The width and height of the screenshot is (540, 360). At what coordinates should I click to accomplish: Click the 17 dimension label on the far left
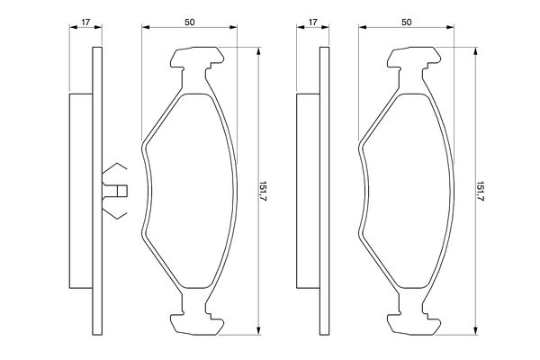click(x=85, y=22)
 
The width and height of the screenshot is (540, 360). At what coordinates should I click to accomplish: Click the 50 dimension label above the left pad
click(x=189, y=22)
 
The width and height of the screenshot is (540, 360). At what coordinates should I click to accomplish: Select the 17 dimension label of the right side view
click(x=312, y=22)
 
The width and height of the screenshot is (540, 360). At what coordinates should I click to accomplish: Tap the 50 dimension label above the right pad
click(x=407, y=22)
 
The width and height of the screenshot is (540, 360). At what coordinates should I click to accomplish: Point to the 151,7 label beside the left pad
click(x=264, y=191)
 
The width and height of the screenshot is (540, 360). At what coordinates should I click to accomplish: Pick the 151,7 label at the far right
click(x=481, y=191)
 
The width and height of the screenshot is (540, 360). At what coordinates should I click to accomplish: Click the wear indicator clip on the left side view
click(x=114, y=191)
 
